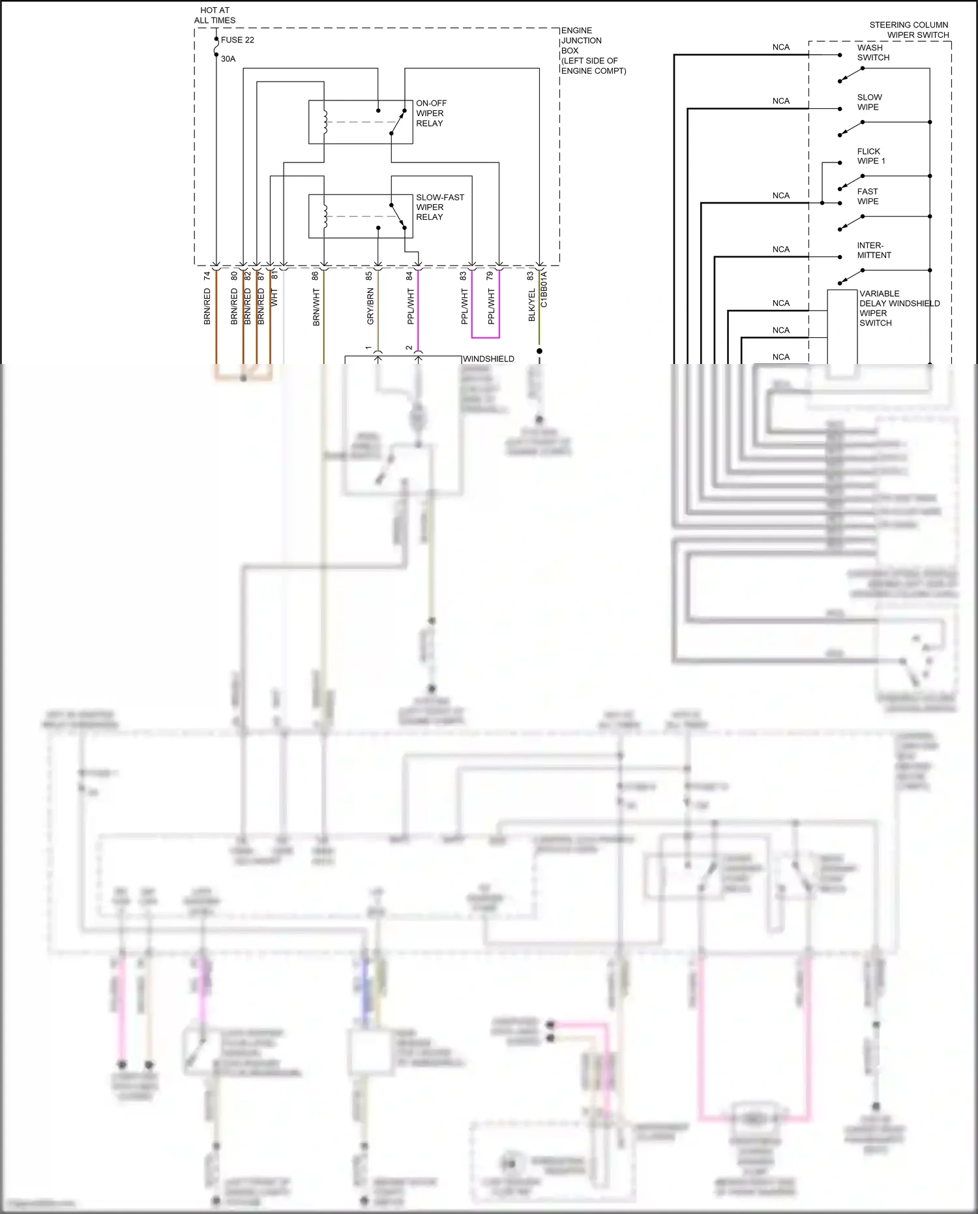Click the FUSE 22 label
[x=237, y=40]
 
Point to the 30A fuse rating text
[x=228, y=59]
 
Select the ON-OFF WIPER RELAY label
[x=431, y=113]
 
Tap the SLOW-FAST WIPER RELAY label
[x=439, y=207]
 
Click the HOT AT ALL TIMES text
[x=215, y=15]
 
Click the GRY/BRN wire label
[x=370, y=307]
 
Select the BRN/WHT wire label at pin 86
[x=316, y=307]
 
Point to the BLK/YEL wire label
[x=531, y=305]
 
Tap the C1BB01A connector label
[x=544, y=290]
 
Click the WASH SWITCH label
[x=873, y=52]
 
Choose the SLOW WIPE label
[x=868, y=102]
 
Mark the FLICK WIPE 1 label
[x=870, y=156]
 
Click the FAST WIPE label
[x=867, y=196]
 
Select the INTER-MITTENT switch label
[x=874, y=250]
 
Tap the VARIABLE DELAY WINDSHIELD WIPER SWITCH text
[x=898, y=308]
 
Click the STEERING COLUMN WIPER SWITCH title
[x=909, y=29]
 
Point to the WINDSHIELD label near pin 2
[x=488, y=359]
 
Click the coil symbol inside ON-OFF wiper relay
[x=324, y=122]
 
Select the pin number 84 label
[x=409, y=276]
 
